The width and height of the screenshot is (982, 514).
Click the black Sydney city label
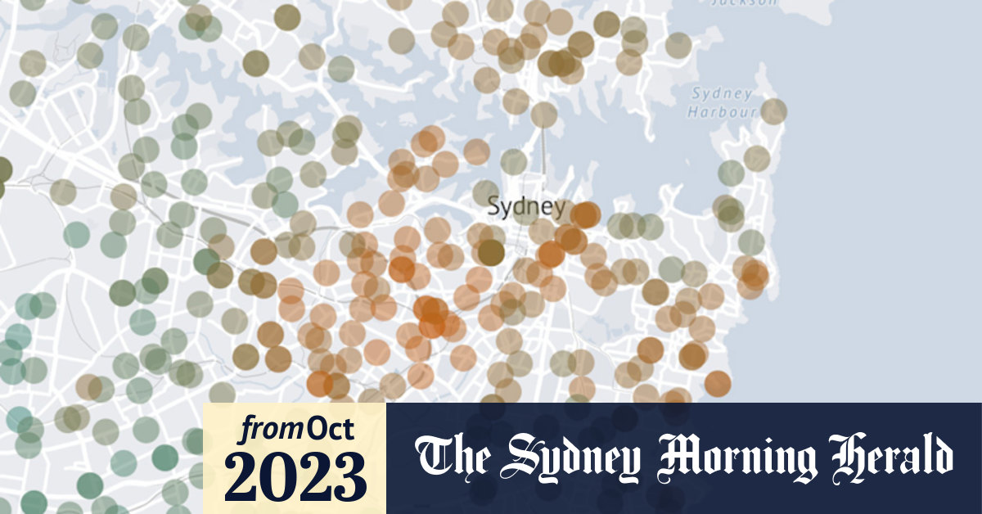coord(525,207)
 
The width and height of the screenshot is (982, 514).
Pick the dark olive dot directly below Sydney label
coord(490,252)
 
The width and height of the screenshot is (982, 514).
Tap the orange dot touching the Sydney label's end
coord(585,215)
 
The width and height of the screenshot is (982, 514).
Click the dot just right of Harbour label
coord(773,110)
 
